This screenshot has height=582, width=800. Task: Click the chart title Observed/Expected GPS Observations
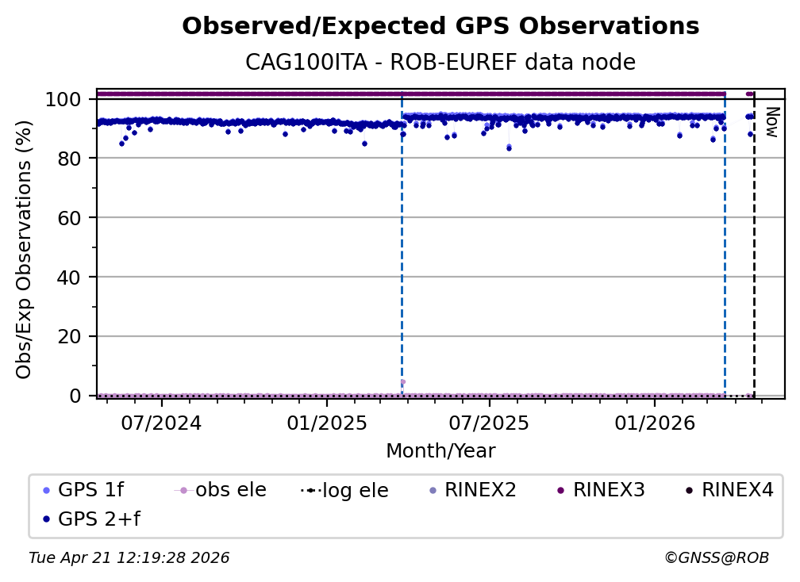tap(440, 27)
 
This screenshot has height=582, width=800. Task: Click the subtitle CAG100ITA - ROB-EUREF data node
tap(440, 63)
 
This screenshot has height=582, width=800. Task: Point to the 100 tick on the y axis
tap(64, 100)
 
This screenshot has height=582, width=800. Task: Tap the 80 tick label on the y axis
tap(70, 159)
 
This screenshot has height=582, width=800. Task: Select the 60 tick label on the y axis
tap(70, 218)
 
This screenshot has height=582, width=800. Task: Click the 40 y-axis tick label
tap(70, 278)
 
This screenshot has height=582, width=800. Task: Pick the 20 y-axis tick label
tap(70, 336)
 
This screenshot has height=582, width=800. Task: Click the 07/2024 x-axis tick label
tap(161, 423)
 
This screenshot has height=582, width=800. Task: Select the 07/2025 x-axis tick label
tap(489, 423)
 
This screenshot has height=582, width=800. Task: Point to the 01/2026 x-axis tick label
tap(654, 423)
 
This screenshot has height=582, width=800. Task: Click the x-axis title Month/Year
tap(440, 451)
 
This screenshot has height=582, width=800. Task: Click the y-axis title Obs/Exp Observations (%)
tap(24, 249)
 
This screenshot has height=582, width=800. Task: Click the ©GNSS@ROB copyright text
tap(716, 558)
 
